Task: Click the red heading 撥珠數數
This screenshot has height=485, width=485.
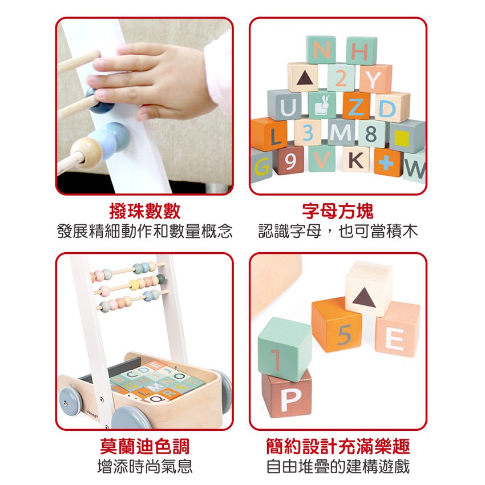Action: click(145, 212)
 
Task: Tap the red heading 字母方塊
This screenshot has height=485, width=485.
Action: click(338, 212)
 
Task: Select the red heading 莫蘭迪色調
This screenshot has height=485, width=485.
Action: click(145, 446)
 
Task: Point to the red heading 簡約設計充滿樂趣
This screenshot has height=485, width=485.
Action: click(338, 446)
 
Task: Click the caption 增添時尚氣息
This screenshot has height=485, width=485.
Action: click(145, 466)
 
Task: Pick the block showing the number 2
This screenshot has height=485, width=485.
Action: click(341, 78)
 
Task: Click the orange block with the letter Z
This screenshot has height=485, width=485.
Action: click(357, 106)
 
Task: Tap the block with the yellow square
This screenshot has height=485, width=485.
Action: click(406, 137)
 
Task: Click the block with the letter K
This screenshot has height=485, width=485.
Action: click(356, 159)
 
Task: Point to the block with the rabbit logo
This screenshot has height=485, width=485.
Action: click(322, 105)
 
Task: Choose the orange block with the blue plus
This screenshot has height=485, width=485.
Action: click(388, 162)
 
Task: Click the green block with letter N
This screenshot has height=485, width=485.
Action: click(321, 50)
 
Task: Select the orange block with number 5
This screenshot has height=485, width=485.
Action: click(337, 325)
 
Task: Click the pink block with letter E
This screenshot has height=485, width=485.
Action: click(398, 330)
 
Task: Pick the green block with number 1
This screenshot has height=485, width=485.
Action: click(285, 349)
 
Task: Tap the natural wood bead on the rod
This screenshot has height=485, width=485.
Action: click(87, 153)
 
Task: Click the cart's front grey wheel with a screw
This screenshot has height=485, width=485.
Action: click(70, 402)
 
